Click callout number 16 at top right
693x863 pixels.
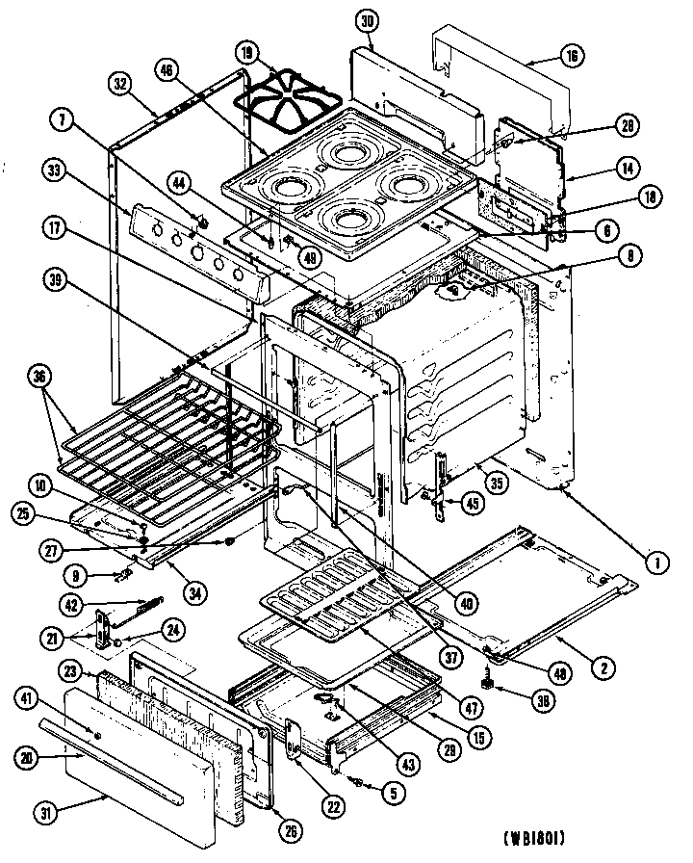point(573,58)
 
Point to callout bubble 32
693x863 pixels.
point(119,83)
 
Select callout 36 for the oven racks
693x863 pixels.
point(39,378)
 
